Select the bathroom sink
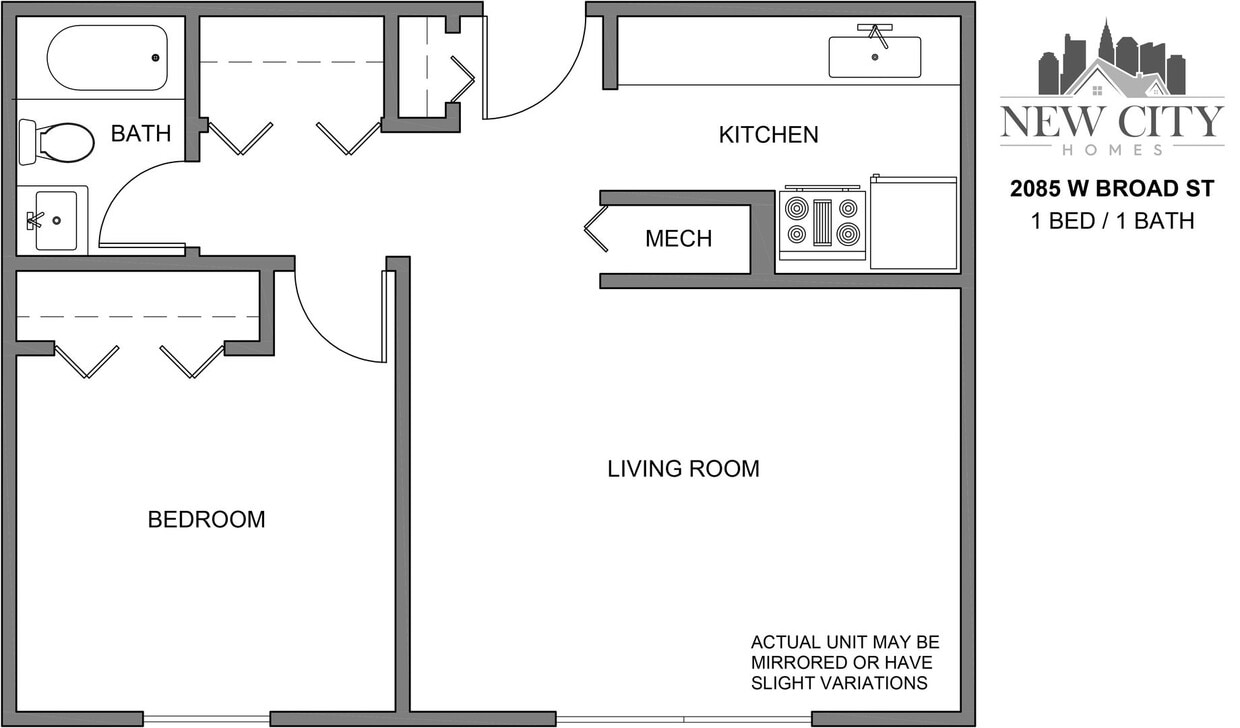[54, 220]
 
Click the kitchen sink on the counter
[875, 56]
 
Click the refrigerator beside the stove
[913, 223]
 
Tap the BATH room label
[140, 133]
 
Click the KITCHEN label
[768, 134]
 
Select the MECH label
[678, 239]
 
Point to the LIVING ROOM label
[683, 468]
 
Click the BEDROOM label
[206, 520]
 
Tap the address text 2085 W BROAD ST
[1112, 189]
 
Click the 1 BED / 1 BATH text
[1112, 220]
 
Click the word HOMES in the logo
[1111, 149]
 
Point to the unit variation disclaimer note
[845, 663]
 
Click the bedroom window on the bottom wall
[206, 718]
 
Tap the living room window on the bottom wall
[683, 718]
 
